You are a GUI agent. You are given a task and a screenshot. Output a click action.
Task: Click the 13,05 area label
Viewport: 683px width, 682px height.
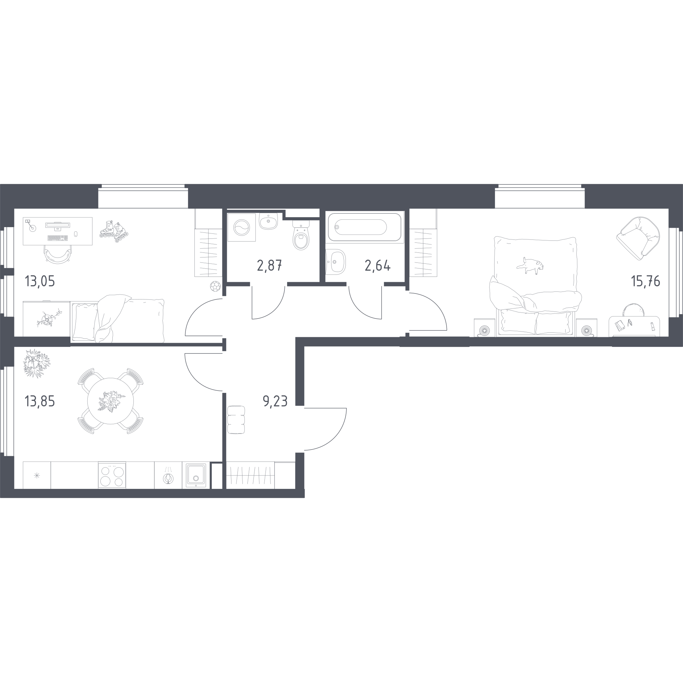pos(40,281)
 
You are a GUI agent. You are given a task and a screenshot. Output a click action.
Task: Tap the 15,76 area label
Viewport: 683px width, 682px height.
pos(646,281)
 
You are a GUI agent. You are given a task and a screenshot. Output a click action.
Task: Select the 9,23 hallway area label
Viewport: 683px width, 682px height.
pos(275,401)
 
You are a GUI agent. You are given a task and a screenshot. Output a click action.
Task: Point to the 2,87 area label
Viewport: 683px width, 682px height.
pos(269,265)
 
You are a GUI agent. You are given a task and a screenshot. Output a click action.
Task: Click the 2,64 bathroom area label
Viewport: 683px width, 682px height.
pos(378,265)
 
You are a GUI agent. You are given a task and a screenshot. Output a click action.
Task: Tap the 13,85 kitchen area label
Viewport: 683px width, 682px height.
pos(40,401)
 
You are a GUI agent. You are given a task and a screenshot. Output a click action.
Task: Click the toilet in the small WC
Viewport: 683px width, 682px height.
pos(301,235)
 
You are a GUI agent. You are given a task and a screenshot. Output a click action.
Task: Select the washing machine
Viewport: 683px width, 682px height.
pos(241,227)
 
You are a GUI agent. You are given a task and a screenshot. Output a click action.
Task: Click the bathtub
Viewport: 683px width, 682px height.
pos(365,227)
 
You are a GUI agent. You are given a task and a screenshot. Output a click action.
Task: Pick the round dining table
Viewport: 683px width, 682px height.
pos(111,401)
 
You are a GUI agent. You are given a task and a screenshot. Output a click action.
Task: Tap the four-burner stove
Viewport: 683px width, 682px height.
pos(112,476)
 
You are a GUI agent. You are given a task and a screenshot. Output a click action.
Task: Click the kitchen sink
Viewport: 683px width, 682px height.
pos(196,476)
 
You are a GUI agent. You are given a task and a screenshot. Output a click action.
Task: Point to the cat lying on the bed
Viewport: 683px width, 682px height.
pos(530,265)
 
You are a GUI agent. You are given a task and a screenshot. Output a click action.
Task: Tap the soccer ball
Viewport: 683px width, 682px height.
pos(215,286)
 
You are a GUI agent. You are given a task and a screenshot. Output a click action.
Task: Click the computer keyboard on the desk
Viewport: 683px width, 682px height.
pos(57,238)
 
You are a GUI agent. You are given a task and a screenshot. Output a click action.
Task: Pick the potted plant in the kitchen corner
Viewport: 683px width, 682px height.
pos(37,363)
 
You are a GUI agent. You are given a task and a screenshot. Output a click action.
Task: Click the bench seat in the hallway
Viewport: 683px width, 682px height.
pos(236,420)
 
